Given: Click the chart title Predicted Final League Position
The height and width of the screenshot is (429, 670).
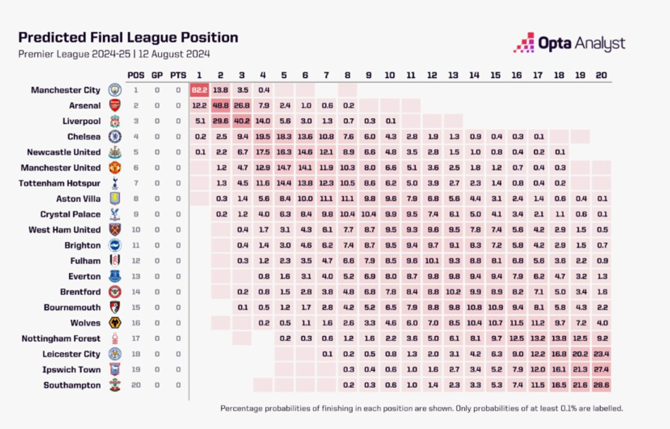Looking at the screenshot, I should (x=128, y=38).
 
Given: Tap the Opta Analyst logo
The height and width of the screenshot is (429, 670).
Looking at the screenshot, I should (x=569, y=43).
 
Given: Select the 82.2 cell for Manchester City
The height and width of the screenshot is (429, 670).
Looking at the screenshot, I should (x=199, y=90).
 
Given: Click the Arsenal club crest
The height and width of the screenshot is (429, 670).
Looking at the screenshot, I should (x=115, y=105).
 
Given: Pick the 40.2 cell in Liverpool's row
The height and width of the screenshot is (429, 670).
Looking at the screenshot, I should (x=241, y=121).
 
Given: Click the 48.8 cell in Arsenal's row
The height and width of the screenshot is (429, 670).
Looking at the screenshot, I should (x=220, y=105).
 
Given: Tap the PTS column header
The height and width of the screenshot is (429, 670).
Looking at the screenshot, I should (x=178, y=75).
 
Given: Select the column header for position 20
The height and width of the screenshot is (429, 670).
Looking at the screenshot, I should (x=601, y=75).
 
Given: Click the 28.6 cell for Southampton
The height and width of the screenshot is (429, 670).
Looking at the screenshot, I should (x=601, y=385).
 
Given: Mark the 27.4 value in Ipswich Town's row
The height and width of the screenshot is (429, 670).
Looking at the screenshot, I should (x=601, y=369).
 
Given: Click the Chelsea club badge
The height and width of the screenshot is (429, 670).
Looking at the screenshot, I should (x=115, y=137).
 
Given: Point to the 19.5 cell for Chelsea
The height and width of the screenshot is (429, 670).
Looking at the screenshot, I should (x=263, y=137).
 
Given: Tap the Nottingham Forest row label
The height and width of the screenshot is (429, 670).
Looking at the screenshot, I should (x=61, y=339).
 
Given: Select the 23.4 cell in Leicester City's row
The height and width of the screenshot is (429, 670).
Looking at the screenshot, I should (x=601, y=354).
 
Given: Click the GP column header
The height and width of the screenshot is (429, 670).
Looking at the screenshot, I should (x=157, y=75).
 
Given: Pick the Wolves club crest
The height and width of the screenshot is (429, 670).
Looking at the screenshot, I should (x=115, y=323).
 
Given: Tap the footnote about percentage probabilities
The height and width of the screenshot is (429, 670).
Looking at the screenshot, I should (x=421, y=408).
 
